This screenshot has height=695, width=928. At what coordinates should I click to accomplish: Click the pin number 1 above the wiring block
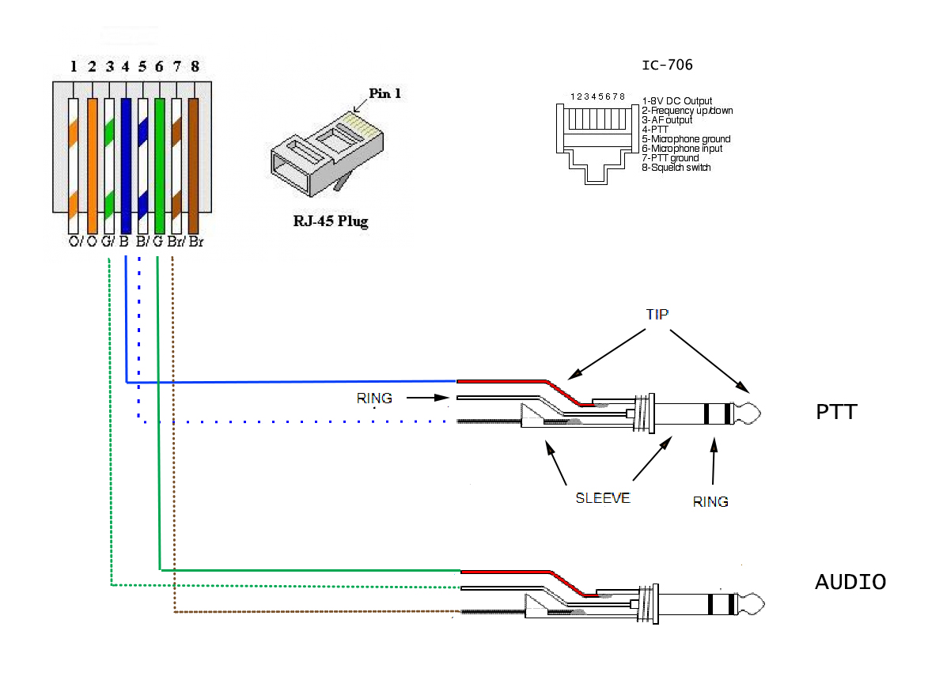pos(74,66)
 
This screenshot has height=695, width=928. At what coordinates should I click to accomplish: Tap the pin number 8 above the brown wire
pos(195,66)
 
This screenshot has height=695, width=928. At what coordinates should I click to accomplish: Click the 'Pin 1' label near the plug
pos(385,93)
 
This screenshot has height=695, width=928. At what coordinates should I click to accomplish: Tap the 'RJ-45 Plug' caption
pos(325,221)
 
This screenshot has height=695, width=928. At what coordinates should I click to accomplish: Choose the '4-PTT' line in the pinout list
pos(656,130)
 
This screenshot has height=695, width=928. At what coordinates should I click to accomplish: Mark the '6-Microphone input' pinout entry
pos(682,149)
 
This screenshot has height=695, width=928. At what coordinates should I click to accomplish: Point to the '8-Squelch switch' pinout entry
pos(676,168)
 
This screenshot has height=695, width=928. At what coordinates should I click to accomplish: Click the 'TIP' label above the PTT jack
pos(657,314)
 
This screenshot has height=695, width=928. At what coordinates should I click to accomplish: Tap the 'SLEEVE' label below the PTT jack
pos(603,499)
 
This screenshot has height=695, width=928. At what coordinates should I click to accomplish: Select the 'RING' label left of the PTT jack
pos(374,398)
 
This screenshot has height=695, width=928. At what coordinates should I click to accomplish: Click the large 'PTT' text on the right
pos(836,412)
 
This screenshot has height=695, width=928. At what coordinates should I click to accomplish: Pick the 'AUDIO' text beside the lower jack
pos(850,583)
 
